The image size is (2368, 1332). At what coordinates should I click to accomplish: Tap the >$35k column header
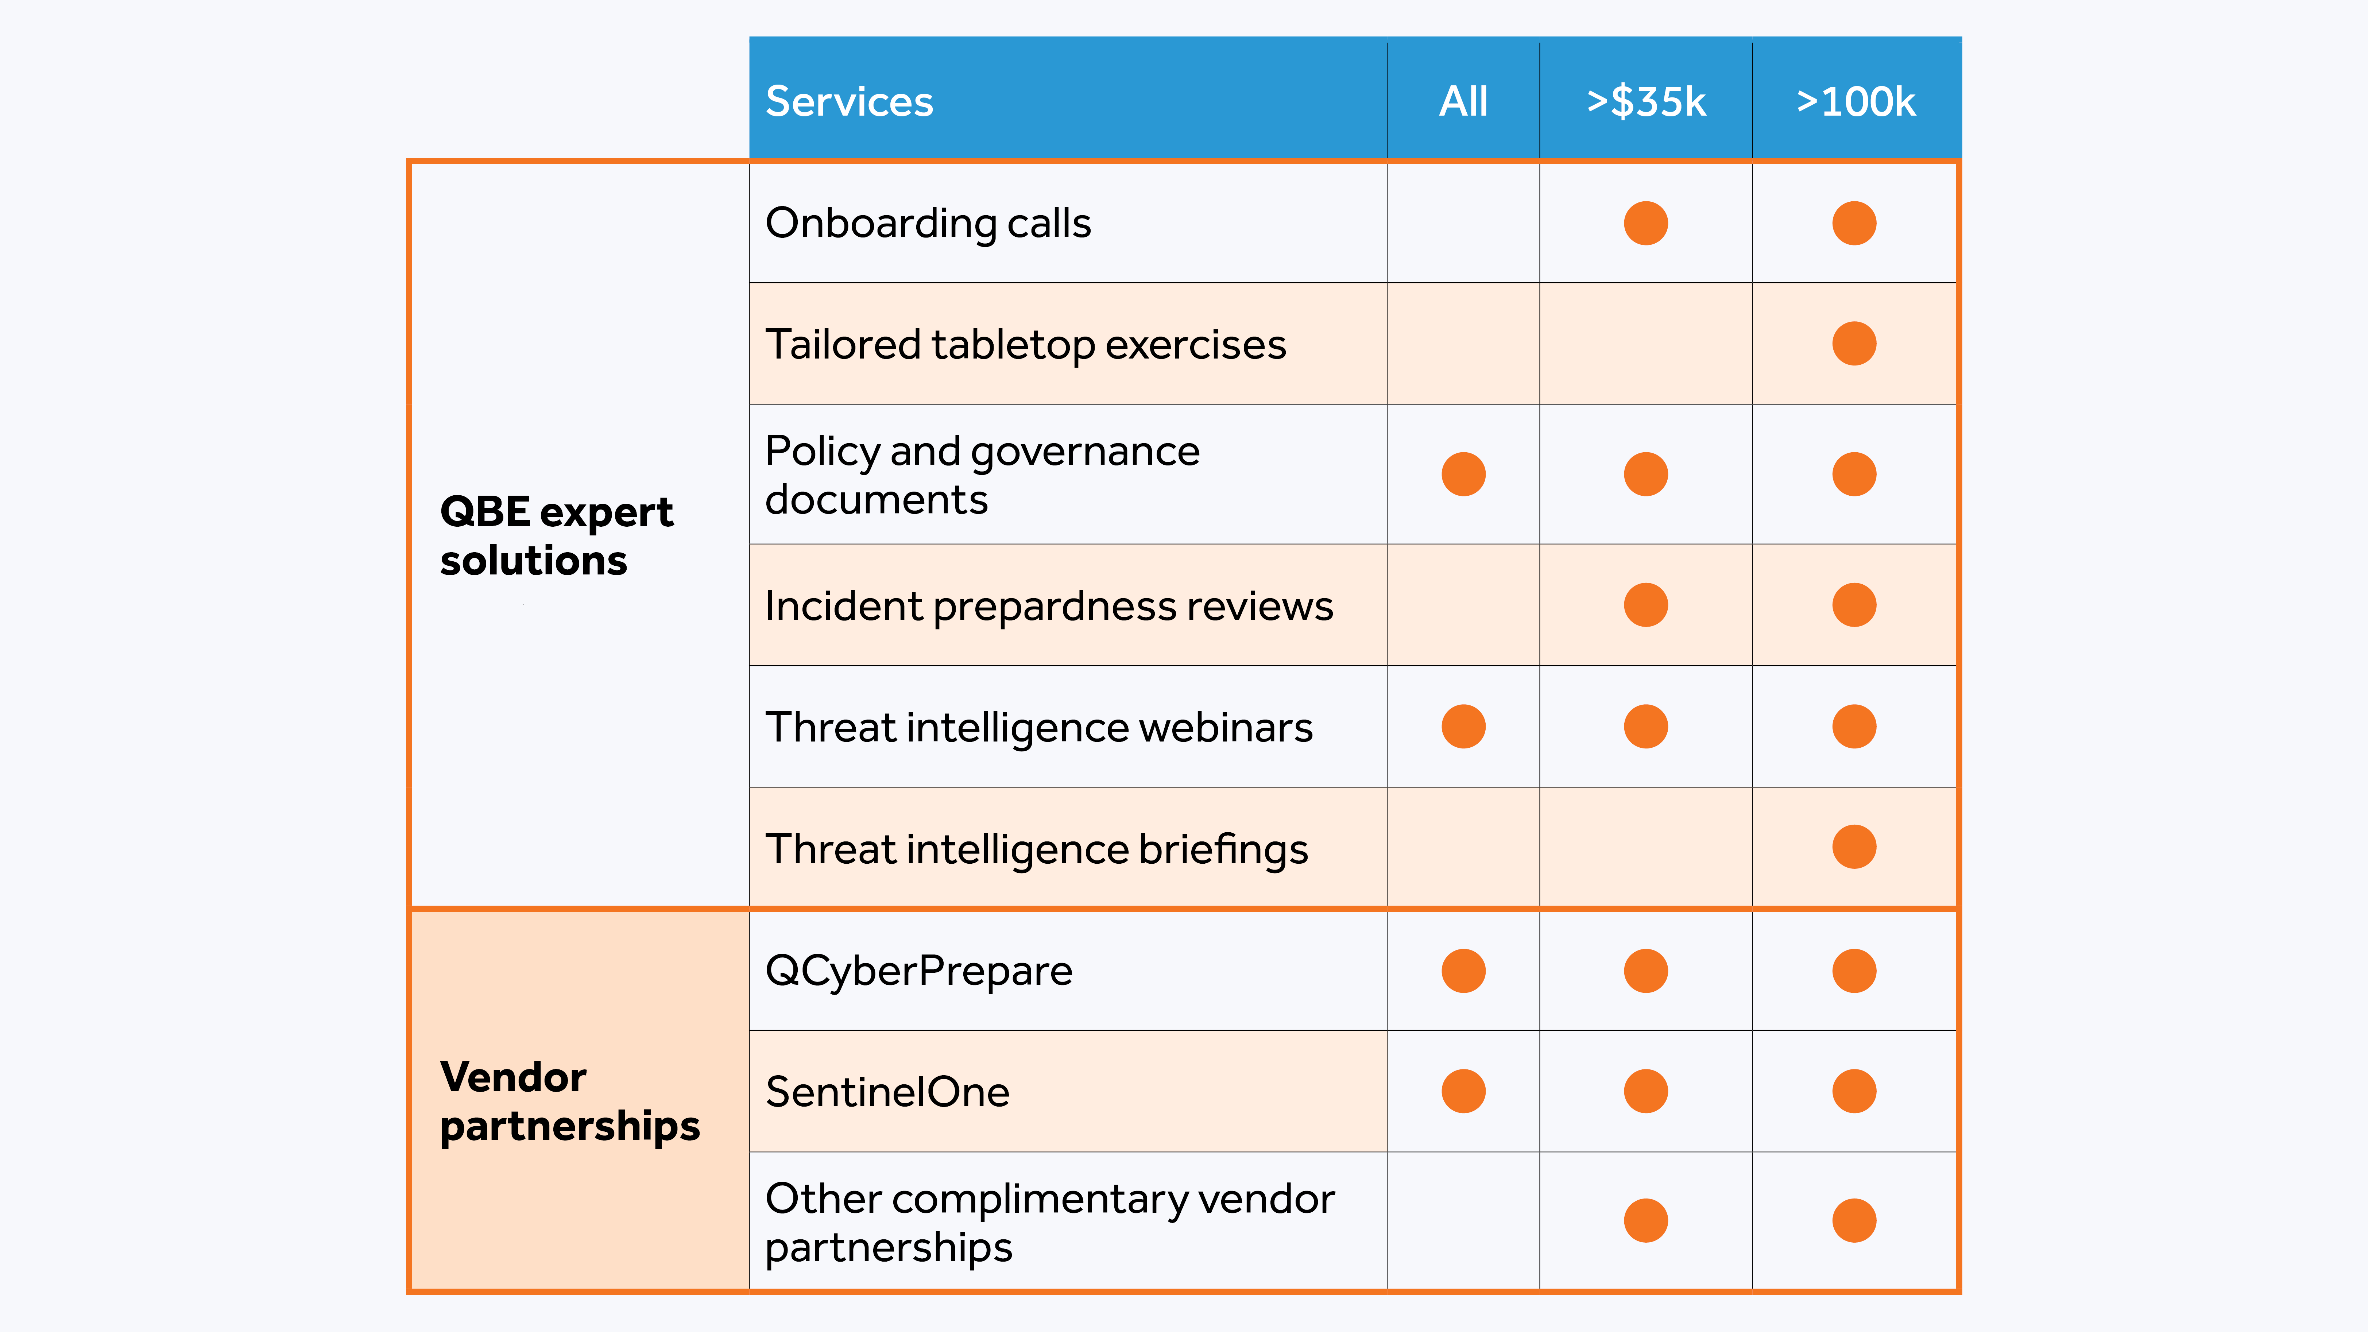pyautogui.click(x=1645, y=101)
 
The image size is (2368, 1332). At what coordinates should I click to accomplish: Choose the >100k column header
pyautogui.click(x=1855, y=101)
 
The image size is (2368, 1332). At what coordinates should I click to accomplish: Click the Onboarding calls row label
pyautogui.click(x=928, y=223)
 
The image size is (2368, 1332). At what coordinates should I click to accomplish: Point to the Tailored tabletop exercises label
pyautogui.click(x=1025, y=345)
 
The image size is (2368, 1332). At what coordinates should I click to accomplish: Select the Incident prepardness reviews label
pyautogui.click(x=1048, y=606)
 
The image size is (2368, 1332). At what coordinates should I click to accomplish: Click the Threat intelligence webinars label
pyautogui.click(x=1039, y=727)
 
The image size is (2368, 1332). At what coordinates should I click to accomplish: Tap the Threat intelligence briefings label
pyautogui.click(x=1036, y=848)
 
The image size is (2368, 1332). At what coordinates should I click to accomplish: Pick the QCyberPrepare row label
pyautogui.click(x=918, y=971)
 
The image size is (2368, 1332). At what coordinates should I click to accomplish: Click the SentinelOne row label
pyautogui.click(x=887, y=1092)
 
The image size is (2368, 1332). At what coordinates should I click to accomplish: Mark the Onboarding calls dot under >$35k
pyautogui.click(x=1645, y=223)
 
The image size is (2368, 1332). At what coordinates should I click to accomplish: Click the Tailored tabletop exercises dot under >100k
pyautogui.click(x=1854, y=344)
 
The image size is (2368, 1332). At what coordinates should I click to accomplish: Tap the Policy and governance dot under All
pyautogui.click(x=1463, y=475)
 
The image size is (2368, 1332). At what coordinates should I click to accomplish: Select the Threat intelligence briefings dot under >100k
pyautogui.click(x=1854, y=847)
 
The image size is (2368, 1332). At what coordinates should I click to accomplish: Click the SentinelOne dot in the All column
pyautogui.click(x=1463, y=1091)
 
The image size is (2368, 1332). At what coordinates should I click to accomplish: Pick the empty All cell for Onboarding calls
pyautogui.click(x=1463, y=223)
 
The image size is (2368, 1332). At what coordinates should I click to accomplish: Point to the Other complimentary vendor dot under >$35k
pyautogui.click(x=1645, y=1221)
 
